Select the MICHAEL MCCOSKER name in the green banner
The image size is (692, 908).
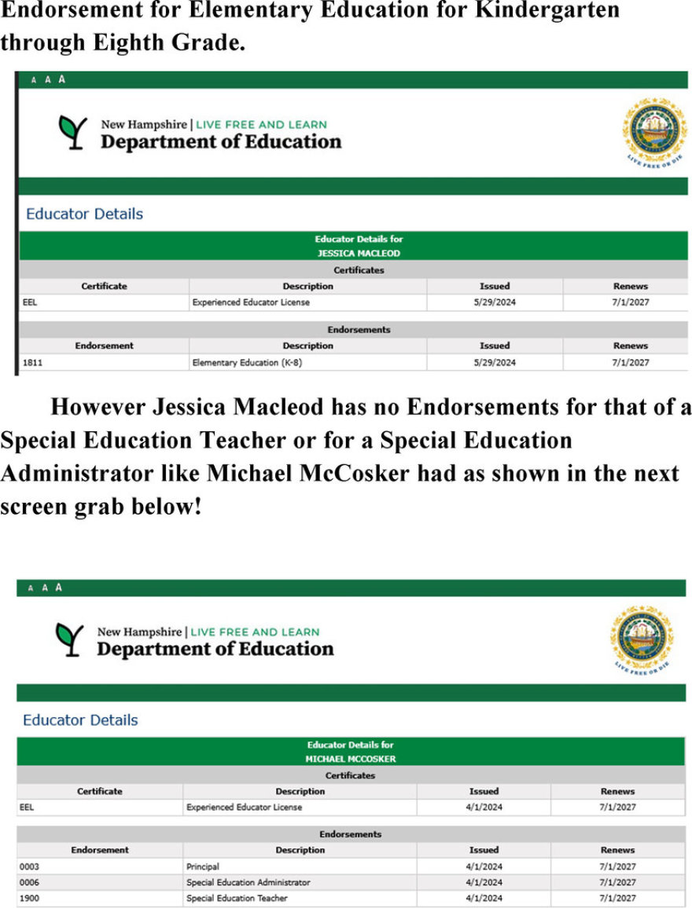coord(350,760)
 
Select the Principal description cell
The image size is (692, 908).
coord(203,867)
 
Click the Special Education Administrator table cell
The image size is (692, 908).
coord(248,882)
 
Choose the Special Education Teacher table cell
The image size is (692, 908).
coord(237,898)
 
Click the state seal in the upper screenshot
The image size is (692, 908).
coord(654,130)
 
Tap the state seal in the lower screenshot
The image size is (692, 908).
coord(642,637)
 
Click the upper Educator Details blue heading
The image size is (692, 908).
coord(84,214)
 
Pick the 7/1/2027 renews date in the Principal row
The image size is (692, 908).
coord(617,867)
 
